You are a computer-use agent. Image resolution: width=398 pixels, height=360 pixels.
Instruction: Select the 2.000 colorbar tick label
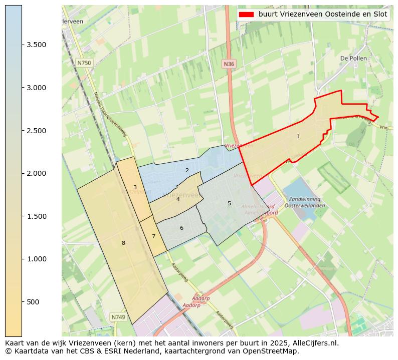[37, 173]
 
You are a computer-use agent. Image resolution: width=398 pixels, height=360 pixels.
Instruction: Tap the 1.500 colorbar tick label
[37, 216]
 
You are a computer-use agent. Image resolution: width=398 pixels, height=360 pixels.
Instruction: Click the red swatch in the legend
[247, 14]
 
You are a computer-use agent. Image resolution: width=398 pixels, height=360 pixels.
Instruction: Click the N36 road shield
[229, 64]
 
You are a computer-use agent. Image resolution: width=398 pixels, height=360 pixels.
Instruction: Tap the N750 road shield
[84, 63]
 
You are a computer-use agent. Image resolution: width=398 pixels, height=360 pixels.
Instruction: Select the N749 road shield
[118, 317]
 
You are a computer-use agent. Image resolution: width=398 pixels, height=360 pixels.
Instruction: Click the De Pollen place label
[353, 58]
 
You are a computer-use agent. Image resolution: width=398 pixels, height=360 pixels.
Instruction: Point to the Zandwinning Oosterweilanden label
[304, 202]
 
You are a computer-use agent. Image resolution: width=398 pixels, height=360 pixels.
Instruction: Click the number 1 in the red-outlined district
[298, 136]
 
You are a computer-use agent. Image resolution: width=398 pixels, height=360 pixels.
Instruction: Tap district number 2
[187, 170]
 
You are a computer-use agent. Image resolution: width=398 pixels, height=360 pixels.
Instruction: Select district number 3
[135, 187]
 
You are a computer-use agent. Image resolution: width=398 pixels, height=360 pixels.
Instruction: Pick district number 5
[229, 203]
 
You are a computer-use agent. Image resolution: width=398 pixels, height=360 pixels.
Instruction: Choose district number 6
[181, 228]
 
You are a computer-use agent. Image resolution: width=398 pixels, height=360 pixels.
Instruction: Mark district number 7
[153, 236]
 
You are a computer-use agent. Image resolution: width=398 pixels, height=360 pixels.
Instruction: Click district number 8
[123, 243]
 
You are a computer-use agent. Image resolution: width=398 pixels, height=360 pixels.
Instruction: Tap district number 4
[178, 199]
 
